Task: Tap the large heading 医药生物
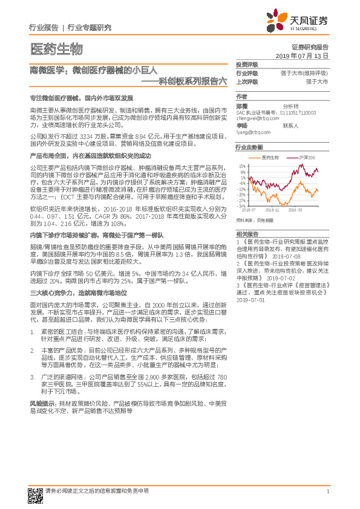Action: coord(55,48)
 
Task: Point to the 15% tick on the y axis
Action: coord(242,165)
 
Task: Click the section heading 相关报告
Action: coord(247,232)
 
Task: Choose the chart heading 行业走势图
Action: coord(249,147)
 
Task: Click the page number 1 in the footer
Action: coord(327,491)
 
